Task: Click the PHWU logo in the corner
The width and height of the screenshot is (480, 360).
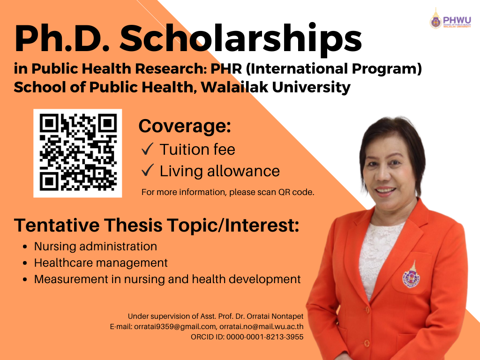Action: click(x=450, y=19)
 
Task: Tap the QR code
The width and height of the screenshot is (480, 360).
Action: click(x=78, y=153)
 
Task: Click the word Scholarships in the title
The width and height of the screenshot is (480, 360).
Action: click(x=240, y=39)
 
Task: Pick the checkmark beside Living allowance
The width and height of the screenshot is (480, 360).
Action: click(x=147, y=170)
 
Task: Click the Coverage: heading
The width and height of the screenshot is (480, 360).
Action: click(x=185, y=126)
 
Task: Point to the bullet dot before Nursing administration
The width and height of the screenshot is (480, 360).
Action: click(x=25, y=247)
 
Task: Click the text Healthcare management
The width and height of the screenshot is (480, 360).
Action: click(x=101, y=262)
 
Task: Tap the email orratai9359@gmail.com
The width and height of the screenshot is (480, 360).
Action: click(x=175, y=327)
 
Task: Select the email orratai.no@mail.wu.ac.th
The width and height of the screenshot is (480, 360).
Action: click(x=262, y=326)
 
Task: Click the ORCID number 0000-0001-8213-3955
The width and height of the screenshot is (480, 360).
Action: click(x=265, y=337)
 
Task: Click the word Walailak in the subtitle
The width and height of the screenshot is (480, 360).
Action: click(x=234, y=87)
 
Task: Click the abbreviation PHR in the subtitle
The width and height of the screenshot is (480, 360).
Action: click(x=226, y=68)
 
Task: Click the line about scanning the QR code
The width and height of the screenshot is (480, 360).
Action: click(x=228, y=192)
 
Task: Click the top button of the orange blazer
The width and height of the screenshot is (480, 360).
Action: click(x=367, y=310)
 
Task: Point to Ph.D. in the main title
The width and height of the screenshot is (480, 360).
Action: click(x=62, y=39)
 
